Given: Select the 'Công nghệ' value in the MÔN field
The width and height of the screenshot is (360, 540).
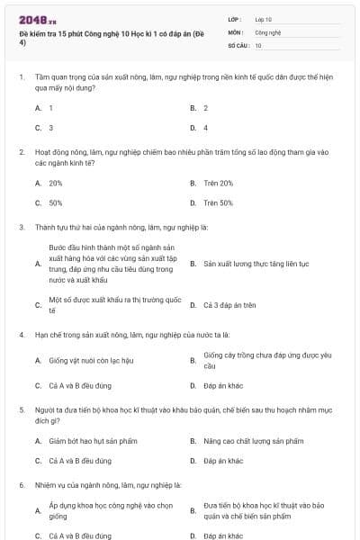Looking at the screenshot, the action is (268, 31).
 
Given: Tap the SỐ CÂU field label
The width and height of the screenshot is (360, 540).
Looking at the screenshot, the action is (237, 45).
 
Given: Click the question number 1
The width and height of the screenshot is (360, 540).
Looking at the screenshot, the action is (22, 79).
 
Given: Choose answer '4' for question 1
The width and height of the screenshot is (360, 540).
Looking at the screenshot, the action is (206, 128).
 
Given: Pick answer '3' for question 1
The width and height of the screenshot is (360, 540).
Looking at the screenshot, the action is (50, 128).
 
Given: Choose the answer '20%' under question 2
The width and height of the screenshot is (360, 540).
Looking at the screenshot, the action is (56, 183).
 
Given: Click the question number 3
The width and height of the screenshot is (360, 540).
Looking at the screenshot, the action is (22, 227).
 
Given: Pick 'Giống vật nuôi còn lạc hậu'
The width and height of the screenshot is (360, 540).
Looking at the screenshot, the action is (92, 361).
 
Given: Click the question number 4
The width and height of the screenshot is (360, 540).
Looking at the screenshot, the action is (22, 334).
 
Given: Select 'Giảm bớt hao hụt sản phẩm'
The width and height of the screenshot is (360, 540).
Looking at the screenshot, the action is (92, 441).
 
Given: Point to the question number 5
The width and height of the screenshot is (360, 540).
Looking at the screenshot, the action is (22, 409).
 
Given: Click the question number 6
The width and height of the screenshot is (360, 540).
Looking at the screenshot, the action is (22, 485).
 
